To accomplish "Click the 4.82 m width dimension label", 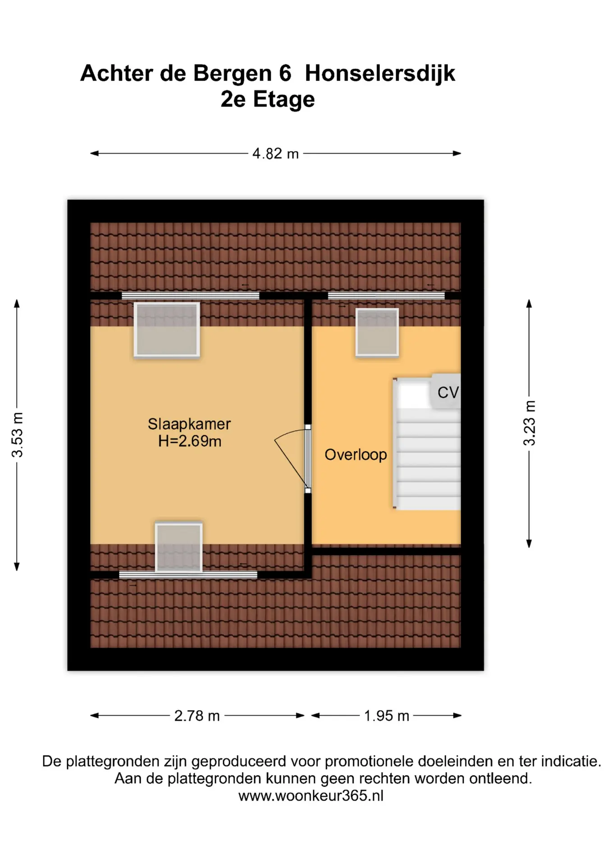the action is coord(275,154).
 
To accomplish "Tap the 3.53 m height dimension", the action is coord(17,435).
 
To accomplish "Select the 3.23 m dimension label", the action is coord(529,423).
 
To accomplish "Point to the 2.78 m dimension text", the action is coord(197,715).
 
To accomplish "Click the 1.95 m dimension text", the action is coord(386,715).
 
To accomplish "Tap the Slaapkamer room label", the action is coord(189,424).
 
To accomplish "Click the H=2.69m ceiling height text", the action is coord(190,441).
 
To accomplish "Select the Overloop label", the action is coord(356,455).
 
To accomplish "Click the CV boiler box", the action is coord(446,392).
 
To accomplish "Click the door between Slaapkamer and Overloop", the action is coord(307,459).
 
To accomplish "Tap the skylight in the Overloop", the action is coord(377,332).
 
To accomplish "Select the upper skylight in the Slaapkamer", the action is coord(167,330).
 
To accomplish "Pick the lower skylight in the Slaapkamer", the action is coord(179,547).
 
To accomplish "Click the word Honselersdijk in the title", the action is coord(380,73).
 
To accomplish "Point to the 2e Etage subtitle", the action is coord(268,100).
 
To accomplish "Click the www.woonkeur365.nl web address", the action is coord(311,796).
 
